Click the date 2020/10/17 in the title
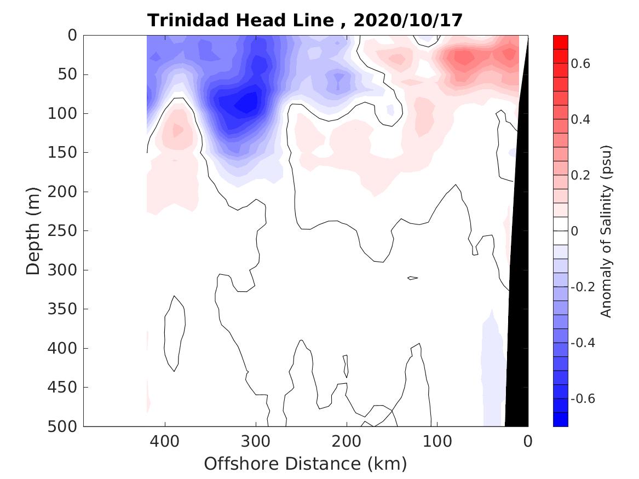tap(408, 20)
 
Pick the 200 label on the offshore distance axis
tap(347, 440)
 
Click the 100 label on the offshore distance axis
tap(437, 440)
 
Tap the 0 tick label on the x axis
tap(528, 440)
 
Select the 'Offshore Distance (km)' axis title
tap(306, 464)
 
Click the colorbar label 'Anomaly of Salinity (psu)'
tap(606, 231)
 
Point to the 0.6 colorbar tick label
tap(582, 64)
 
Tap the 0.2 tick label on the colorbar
tap(582, 175)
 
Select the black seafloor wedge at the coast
tap(519, 274)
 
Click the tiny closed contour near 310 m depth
tap(413, 278)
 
